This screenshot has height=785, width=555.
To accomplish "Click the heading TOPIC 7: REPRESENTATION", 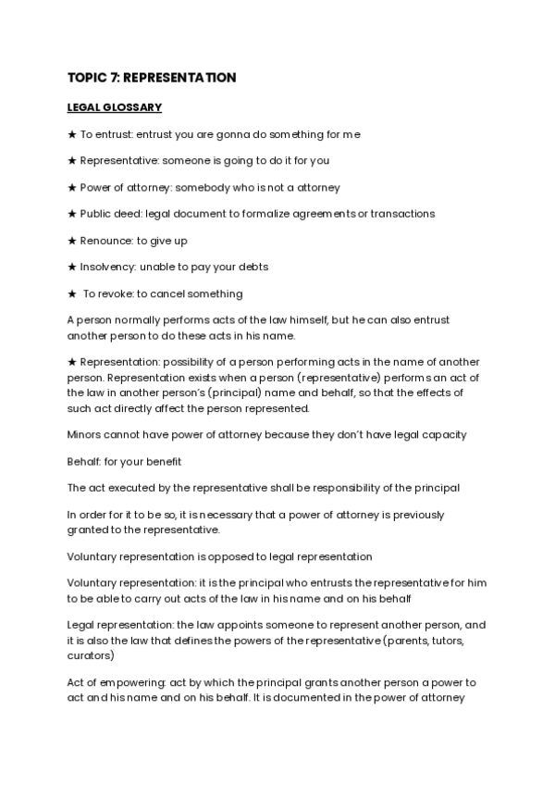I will point(152,78).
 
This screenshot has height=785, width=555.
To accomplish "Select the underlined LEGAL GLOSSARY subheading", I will point(115,108).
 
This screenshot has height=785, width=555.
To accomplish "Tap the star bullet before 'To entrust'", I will point(72,134).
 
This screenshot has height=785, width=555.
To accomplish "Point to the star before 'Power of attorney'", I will point(72,187).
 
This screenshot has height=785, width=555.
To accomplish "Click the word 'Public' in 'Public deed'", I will point(95,214).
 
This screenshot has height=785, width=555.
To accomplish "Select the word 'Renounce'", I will point(105,241).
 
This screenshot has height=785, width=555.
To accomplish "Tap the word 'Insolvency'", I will point(107,268).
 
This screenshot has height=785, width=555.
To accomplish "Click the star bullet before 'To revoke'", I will point(72,294).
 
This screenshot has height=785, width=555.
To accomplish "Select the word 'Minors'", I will point(85,435).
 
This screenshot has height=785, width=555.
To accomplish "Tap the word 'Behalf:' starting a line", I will point(85,461).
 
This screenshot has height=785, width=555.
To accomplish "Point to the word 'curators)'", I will point(91,655).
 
